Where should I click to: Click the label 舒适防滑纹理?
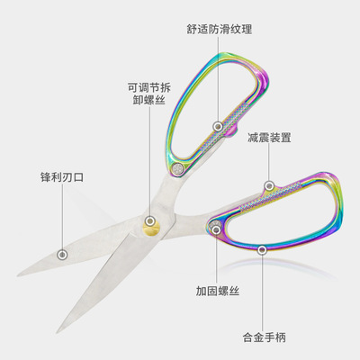tap(220, 30)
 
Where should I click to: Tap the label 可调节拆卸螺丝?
tap(149, 94)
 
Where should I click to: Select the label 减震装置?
tap(269, 138)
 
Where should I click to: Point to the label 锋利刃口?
tap(62, 176)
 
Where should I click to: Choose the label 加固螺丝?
tap(218, 291)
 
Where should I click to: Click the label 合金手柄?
tap(264, 337)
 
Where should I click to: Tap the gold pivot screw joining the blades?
tap(150, 228)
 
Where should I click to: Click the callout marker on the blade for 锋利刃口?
tap(62, 255)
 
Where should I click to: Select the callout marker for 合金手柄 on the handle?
tap(262, 249)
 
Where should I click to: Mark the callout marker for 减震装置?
tap(269, 185)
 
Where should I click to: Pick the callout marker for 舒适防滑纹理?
tap(218, 126)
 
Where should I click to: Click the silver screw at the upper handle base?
tap(178, 169)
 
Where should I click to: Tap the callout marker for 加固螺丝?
tap(216, 230)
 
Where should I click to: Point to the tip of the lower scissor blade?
tap(58, 333)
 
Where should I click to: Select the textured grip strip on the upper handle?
tap(224, 126)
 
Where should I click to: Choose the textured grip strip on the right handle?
tap(270, 196)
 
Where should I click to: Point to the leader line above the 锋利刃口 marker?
tap(62, 217)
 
